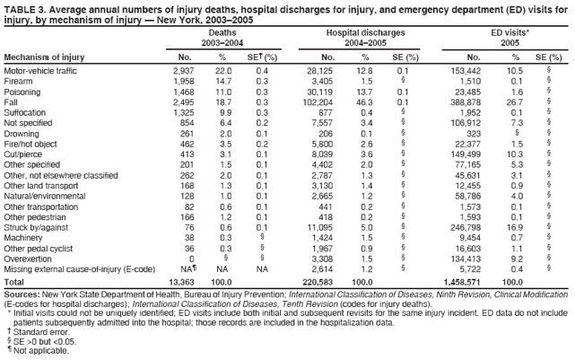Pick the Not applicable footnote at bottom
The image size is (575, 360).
pyautogui.click(x=39, y=353)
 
